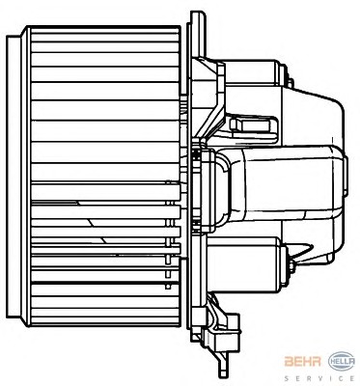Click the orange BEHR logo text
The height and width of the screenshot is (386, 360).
(x=302, y=362)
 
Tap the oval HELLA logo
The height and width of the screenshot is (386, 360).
(x=342, y=362)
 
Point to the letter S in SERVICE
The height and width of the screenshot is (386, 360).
(x=287, y=378)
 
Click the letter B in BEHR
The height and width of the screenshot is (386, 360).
(x=289, y=362)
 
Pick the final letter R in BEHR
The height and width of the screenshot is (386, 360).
(x=317, y=362)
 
